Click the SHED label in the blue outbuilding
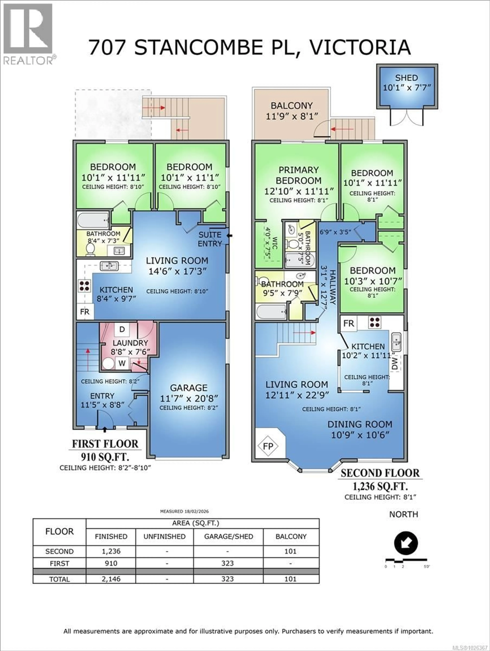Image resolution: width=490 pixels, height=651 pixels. tap(406, 78)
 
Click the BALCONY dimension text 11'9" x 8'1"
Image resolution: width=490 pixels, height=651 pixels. tap(292, 116)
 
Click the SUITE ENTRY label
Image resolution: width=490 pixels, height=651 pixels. tap(210, 239)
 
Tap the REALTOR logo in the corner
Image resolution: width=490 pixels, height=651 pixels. tap(29, 34)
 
